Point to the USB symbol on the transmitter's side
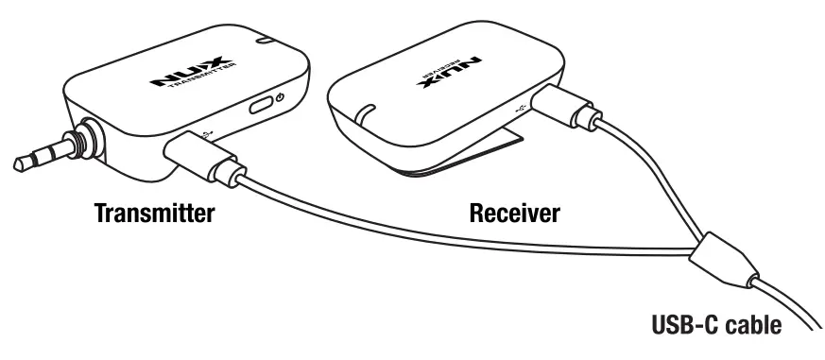coord(209,130)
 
